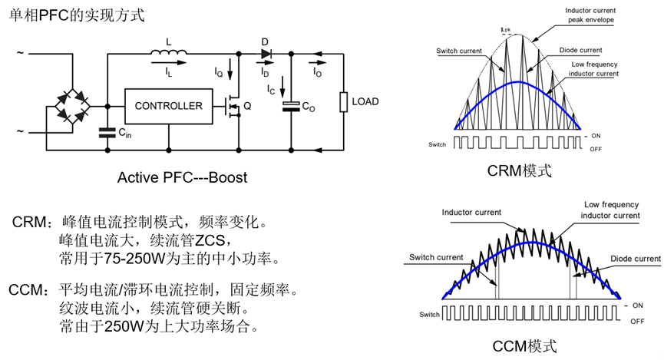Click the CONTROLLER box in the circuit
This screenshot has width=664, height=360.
point(169,106)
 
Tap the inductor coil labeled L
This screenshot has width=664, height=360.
point(169,54)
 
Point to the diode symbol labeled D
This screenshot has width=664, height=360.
point(266,54)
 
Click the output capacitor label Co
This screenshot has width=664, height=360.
point(308,108)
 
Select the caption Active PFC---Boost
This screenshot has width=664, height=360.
point(182,177)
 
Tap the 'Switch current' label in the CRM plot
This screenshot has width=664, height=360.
point(458,51)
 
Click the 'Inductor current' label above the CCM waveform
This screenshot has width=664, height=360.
point(471,213)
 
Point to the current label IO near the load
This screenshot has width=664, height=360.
point(317,71)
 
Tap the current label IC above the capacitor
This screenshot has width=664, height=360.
point(271,91)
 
